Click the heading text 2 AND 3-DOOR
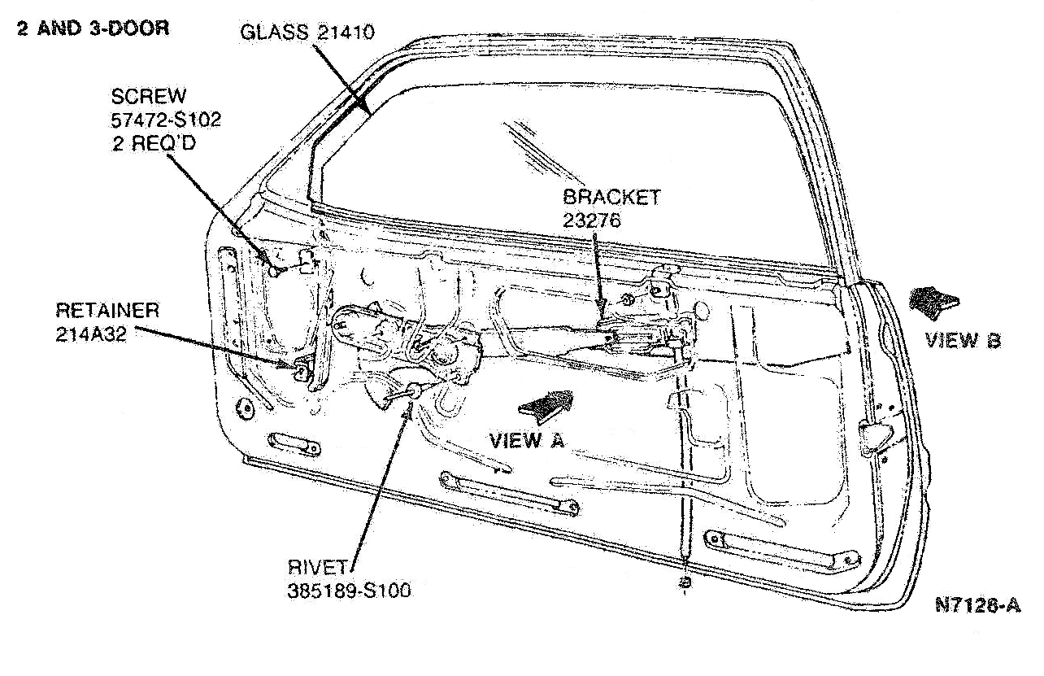pos(94,28)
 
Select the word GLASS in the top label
pos(274,33)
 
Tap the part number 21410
pos(346,33)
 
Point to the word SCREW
pos(148,97)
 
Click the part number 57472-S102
pos(166,120)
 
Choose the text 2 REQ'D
pos(154,143)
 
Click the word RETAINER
pos(107,311)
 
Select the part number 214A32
pos(91,334)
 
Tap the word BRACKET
pos(611,197)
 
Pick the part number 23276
pos(592,220)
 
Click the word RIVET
pos(318,567)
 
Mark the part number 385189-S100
pos(350,591)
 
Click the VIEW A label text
pos(527,441)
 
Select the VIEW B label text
pos(963,340)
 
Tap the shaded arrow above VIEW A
pos(546,406)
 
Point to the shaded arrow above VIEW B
pos(933,303)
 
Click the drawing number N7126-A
pos(978,605)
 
